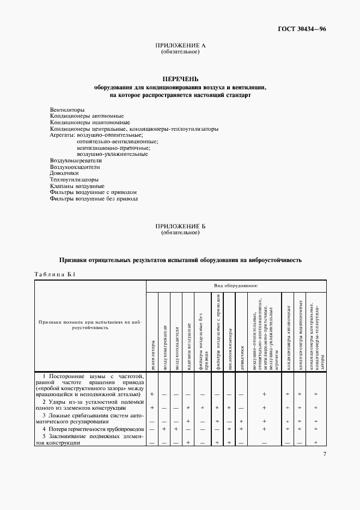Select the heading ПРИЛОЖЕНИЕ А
(x=180, y=46)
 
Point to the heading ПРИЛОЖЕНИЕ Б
(x=180, y=226)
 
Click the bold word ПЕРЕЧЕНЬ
(x=180, y=79)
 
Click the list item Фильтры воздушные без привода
(x=94, y=199)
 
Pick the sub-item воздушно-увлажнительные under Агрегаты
(x=113, y=154)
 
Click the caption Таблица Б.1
(x=55, y=274)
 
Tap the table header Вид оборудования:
(x=236, y=285)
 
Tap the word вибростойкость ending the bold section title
(x=278, y=260)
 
